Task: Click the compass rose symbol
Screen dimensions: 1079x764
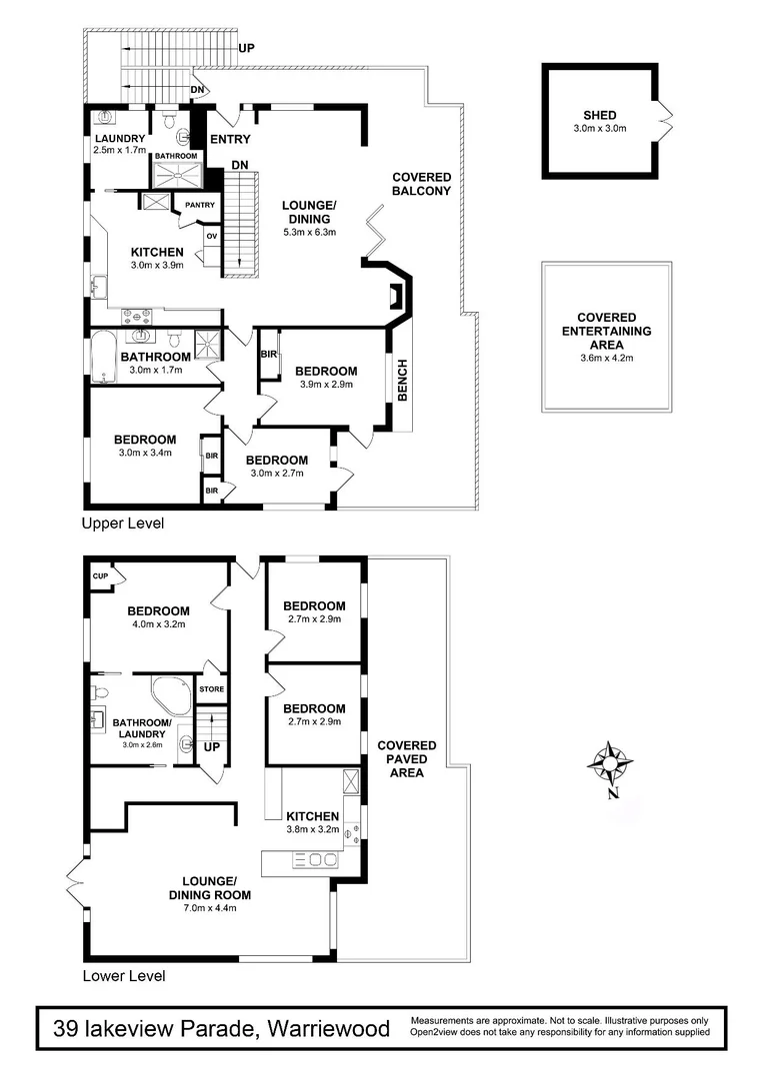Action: click(x=610, y=764)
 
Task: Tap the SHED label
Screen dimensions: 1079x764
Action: click(x=600, y=114)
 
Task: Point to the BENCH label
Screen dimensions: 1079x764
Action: click(x=403, y=381)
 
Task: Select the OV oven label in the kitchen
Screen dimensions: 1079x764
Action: click(x=211, y=236)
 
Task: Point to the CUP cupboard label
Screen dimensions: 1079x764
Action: click(x=100, y=576)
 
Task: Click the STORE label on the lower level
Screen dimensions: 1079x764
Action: click(x=211, y=688)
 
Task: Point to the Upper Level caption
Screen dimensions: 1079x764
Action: click(x=123, y=524)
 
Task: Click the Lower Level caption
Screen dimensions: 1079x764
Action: click(x=124, y=976)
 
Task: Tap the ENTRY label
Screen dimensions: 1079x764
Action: click(x=230, y=139)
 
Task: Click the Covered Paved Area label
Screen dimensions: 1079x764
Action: click(x=406, y=759)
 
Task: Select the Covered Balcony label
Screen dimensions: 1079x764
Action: click(x=421, y=184)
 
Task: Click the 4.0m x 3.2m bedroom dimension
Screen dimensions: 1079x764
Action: click(x=158, y=625)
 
